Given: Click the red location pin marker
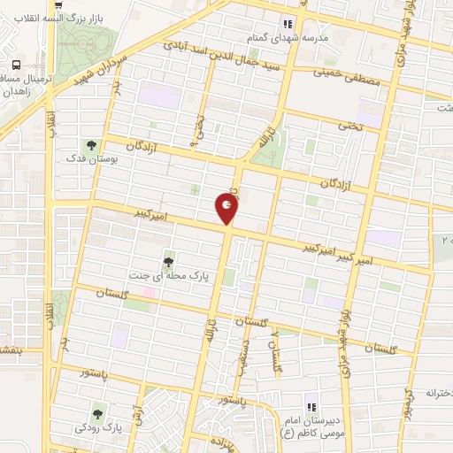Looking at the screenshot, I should [227, 209].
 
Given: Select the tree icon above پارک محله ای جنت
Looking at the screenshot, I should [168, 260].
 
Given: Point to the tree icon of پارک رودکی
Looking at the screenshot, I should [98, 410].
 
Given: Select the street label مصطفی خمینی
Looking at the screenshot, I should [357, 80].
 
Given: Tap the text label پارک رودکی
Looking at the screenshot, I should [98, 428].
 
